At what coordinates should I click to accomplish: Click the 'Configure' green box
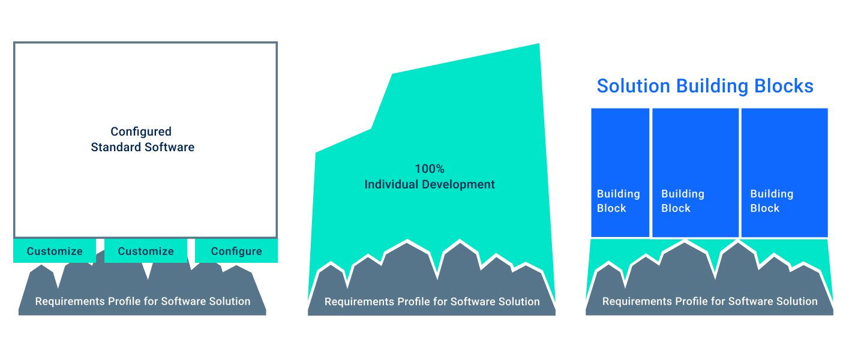(x=236, y=251)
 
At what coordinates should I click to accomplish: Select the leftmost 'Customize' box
(x=55, y=251)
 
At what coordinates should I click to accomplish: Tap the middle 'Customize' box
(x=146, y=251)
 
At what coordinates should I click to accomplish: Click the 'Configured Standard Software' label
(x=142, y=139)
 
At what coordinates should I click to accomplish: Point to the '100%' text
(x=430, y=169)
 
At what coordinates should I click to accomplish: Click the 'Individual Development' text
(x=430, y=184)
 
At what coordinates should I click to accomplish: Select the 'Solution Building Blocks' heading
(x=705, y=86)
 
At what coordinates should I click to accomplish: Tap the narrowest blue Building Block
(x=620, y=172)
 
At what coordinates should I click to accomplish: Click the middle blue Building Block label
(x=683, y=200)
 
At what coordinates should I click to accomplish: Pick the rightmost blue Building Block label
(x=772, y=200)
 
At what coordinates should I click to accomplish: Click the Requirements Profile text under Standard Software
(x=143, y=301)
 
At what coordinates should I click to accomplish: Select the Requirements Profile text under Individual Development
(x=432, y=301)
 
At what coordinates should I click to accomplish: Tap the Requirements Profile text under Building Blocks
(x=710, y=301)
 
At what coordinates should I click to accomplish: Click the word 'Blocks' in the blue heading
(x=784, y=86)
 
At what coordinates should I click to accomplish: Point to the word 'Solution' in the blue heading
(x=634, y=86)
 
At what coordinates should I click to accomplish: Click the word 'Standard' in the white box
(x=116, y=147)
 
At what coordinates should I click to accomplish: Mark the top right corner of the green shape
(x=539, y=44)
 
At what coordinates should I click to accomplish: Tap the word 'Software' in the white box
(x=170, y=147)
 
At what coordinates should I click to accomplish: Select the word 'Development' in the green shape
(x=458, y=185)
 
